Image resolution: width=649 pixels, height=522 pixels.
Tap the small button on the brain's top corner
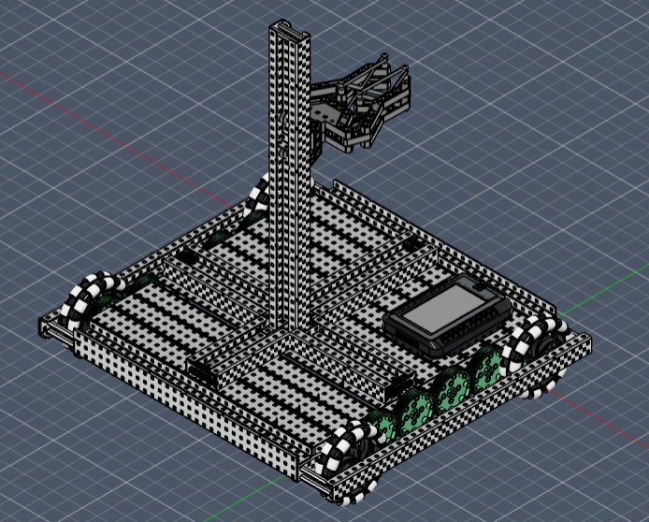[478, 283]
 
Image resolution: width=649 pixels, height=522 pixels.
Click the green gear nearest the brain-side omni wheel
[487, 370]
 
